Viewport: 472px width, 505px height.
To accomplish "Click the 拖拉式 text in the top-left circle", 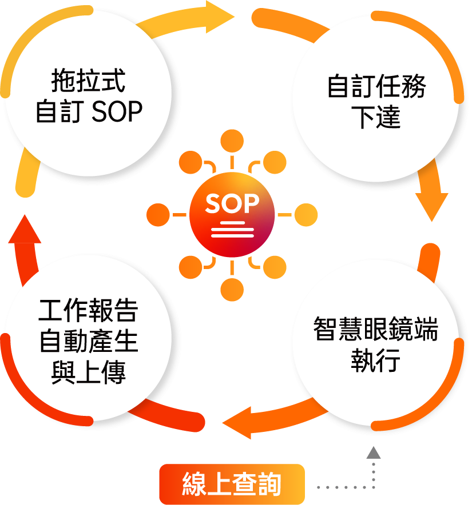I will point(88,81).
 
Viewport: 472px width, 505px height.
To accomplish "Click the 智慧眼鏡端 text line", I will point(375,330).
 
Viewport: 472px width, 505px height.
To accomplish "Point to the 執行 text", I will point(375,361).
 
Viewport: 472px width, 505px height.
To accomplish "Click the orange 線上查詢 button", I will point(232,484).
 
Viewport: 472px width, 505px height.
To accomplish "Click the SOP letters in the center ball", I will point(232,203).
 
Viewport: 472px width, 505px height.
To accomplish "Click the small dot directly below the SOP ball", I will point(232,289).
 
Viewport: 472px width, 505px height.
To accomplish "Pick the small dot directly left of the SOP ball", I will point(158,215).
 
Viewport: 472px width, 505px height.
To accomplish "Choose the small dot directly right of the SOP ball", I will point(306,215).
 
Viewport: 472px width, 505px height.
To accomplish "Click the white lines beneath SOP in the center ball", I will point(232,229).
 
